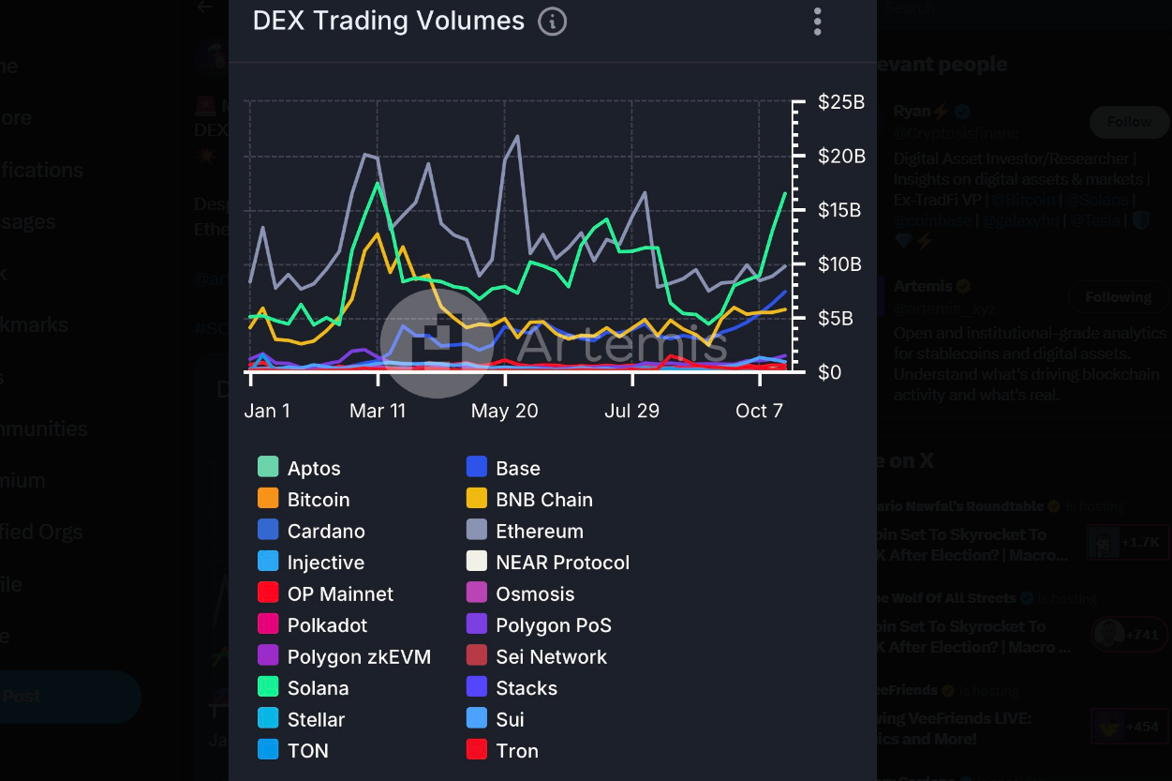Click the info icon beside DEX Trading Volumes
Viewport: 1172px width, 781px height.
point(552,21)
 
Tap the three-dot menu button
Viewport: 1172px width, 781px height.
point(817,21)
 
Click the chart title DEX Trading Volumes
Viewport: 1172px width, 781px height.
point(388,21)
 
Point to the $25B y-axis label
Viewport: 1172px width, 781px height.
point(840,102)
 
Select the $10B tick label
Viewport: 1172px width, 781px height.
point(840,264)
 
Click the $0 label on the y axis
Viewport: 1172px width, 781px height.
point(830,372)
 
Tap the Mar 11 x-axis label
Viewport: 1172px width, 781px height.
point(378,411)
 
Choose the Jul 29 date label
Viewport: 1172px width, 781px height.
point(631,411)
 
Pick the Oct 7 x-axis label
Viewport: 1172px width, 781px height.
point(759,411)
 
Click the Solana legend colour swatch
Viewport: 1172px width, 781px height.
point(268,687)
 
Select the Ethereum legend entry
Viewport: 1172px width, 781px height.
point(539,531)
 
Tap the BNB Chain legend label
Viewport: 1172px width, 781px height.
point(543,500)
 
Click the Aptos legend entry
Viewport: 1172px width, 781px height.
point(313,468)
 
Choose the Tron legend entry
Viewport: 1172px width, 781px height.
point(516,750)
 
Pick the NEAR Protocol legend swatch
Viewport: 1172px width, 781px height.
point(477,562)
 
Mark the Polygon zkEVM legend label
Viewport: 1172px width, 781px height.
point(359,656)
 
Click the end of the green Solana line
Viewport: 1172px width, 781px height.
point(785,193)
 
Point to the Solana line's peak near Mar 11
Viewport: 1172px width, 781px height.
point(377,183)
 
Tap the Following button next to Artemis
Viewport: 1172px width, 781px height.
point(1118,297)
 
